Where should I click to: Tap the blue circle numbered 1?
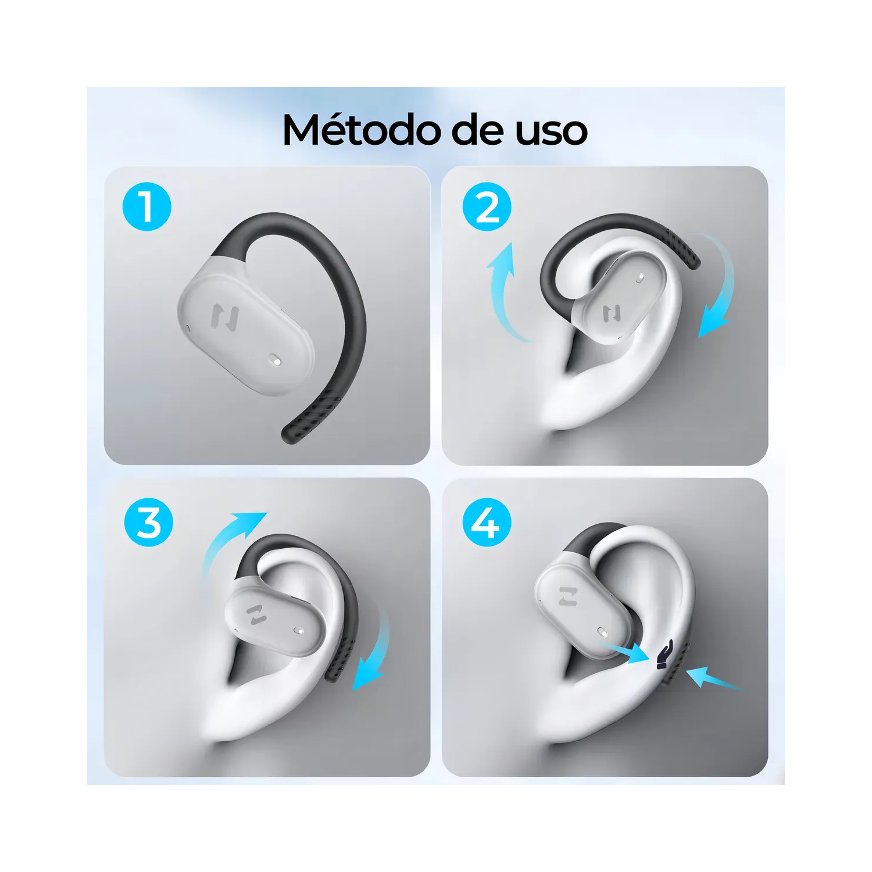(x=147, y=207)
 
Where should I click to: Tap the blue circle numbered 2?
(x=487, y=207)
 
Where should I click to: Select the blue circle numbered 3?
(x=149, y=523)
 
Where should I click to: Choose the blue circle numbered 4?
(x=487, y=523)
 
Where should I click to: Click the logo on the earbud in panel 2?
(x=611, y=314)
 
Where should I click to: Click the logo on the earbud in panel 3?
(x=256, y=614)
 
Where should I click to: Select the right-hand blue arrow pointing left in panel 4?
(x=712, y=678)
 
